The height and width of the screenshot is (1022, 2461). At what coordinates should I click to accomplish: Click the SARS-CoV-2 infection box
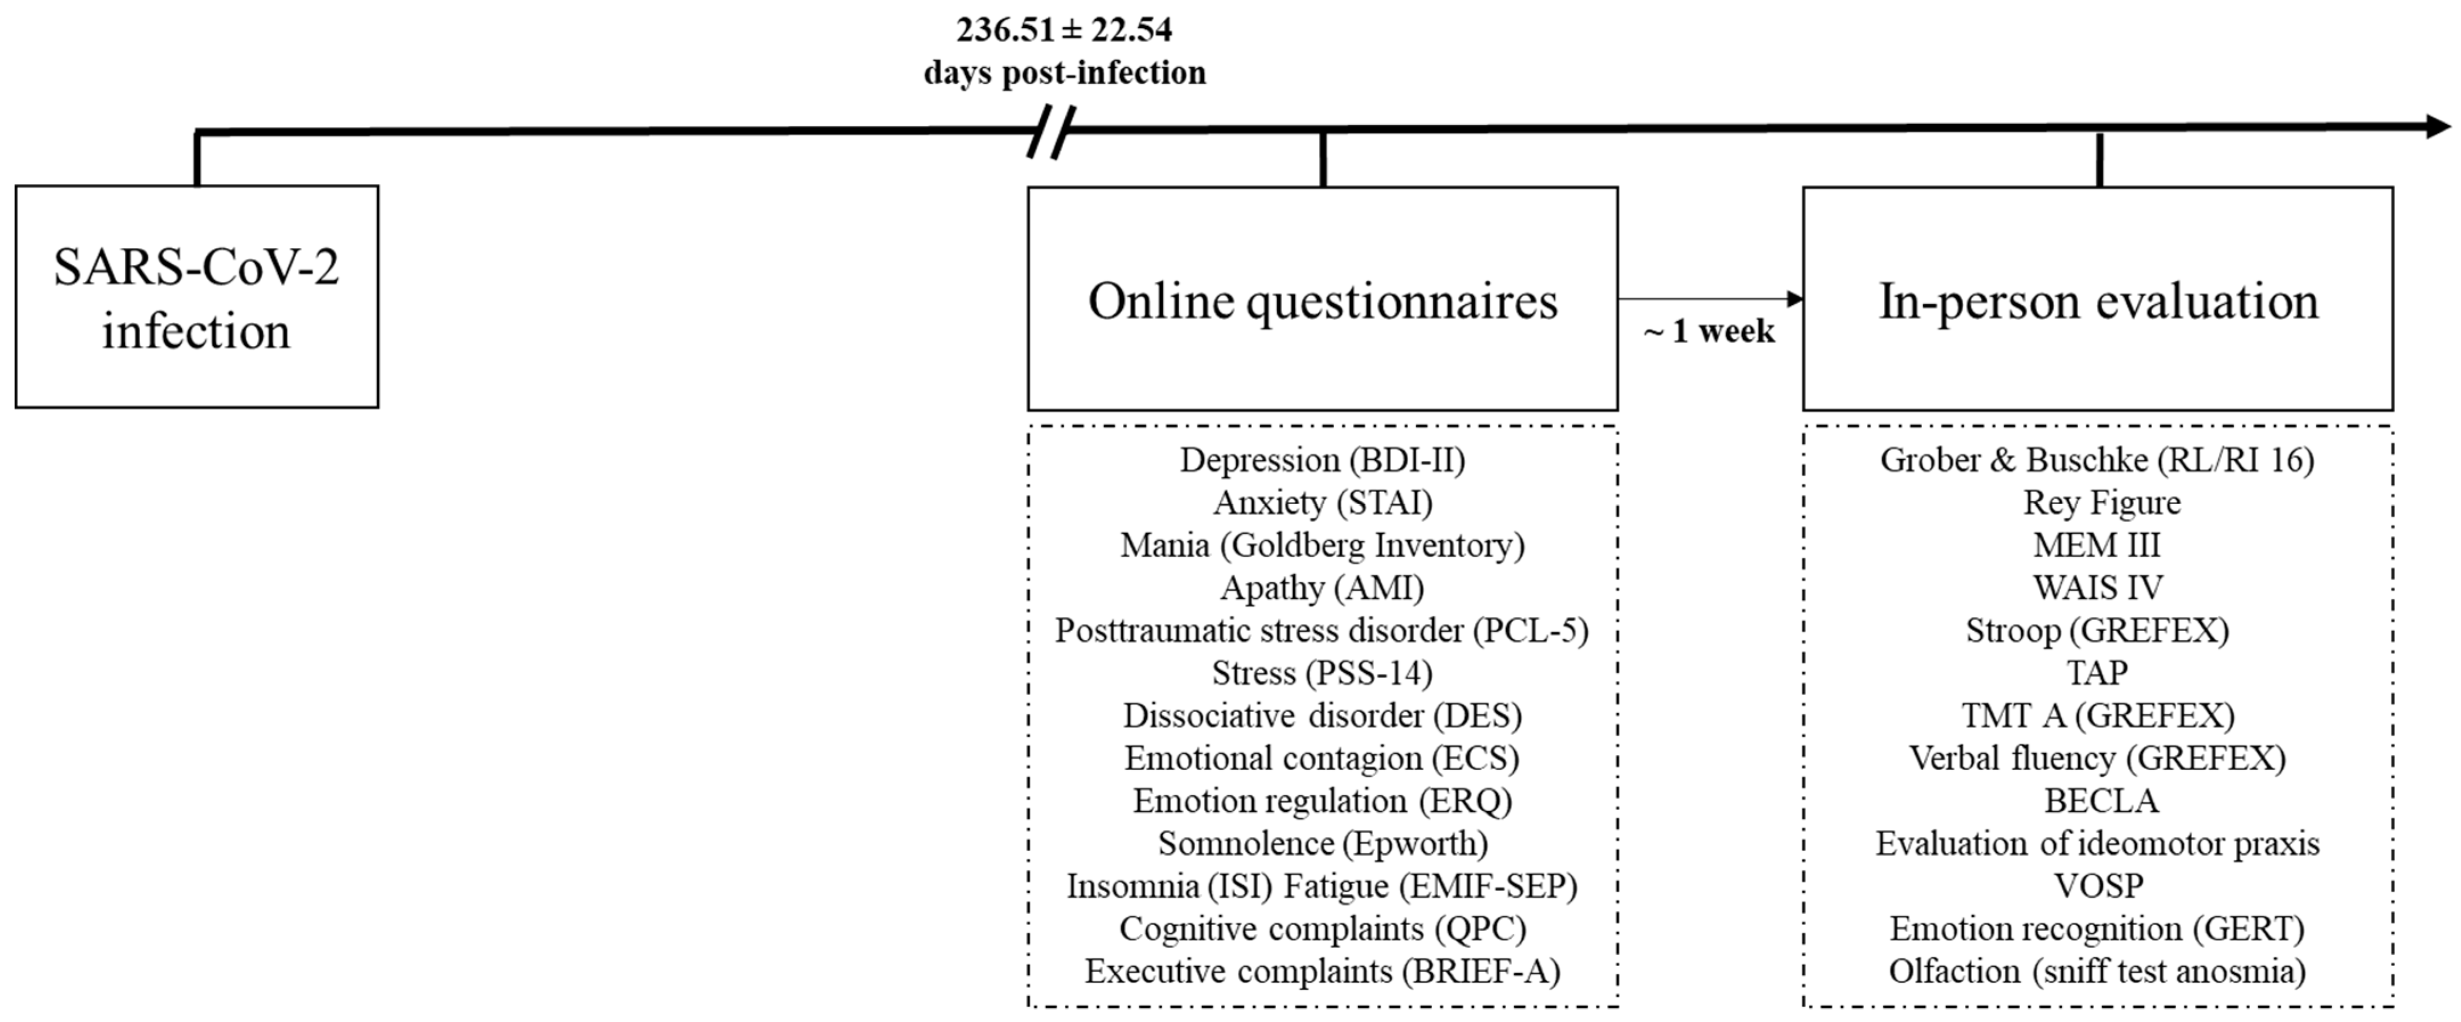tap(196, 297)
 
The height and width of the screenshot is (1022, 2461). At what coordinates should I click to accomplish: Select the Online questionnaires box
tap(1322, 299)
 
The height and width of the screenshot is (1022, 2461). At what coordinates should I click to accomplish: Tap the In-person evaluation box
tap(2098, 299)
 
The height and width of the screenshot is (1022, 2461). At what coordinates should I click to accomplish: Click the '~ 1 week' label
tap(1709, 332)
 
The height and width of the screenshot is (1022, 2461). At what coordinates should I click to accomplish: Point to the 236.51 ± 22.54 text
tap(1064, 31)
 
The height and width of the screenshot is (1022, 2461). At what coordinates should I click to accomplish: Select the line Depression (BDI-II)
tap(1322, 460)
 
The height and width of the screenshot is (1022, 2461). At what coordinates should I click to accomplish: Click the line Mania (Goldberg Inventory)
tap(1322, 545)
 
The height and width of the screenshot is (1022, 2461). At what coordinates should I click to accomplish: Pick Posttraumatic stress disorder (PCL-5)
tap(1322, 631)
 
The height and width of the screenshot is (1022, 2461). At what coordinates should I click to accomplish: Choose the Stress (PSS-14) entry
tap(1322, 673)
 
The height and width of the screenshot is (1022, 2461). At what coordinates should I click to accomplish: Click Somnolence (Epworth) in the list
tap(1322, 843)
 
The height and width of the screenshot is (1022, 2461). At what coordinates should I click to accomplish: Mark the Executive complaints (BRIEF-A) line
tap(1322, 971)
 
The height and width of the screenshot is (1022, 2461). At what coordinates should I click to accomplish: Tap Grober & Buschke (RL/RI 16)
tap(2098, 460)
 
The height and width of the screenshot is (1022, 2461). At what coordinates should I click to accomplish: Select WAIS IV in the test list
tap(2098, 587)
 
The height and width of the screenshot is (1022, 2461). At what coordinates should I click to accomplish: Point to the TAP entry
tap(2098, 673)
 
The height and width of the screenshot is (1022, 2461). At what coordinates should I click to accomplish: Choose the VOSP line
tap(2099, 886)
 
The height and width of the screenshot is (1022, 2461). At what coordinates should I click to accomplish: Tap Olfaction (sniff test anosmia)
tap(2098, 971)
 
